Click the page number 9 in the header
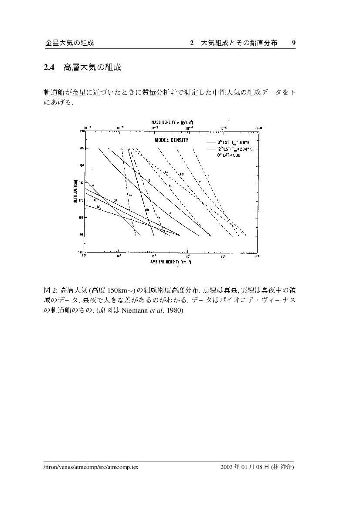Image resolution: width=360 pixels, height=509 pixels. point(294,43)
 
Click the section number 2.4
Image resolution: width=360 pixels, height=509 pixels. point(48,67)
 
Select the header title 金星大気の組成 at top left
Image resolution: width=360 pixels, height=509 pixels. point(70,43)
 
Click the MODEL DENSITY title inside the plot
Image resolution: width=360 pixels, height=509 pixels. point(171,140)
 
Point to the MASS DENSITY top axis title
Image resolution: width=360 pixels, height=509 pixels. point(172,123)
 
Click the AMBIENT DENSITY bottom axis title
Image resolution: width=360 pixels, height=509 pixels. point(171,262)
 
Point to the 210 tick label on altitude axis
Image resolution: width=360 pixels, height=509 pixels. point(82,131)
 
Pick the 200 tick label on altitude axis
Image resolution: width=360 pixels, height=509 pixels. point(82,148)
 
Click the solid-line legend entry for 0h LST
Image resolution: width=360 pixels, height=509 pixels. point(234,142)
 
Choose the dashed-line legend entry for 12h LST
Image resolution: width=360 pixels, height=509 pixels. point(234,149)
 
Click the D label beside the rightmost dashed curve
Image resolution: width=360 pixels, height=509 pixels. point(208,176)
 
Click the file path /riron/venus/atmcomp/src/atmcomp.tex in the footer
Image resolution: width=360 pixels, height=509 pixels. point(92,468)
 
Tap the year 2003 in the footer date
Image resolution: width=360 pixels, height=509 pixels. point(229,468)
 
